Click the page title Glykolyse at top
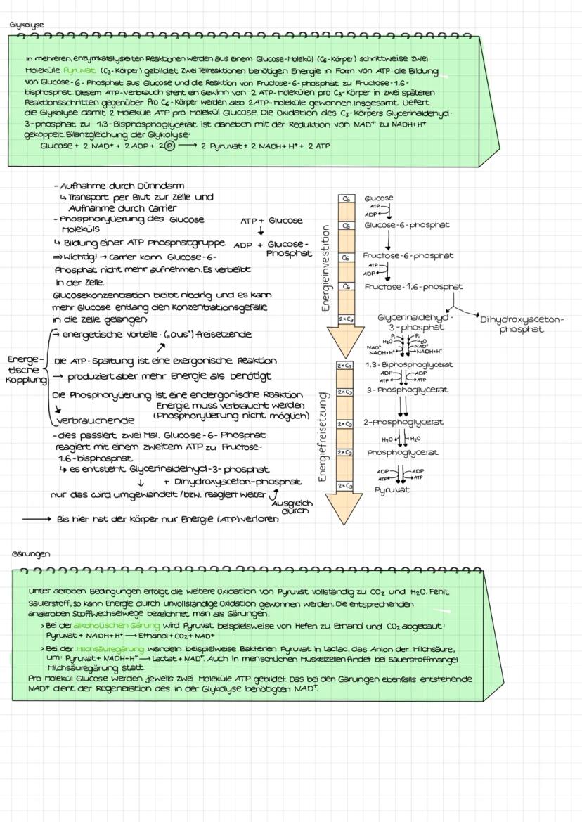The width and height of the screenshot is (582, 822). coord(26,25)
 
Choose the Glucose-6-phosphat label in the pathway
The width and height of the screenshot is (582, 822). coord(406,225)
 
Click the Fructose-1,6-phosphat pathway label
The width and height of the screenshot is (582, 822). coord(413,287)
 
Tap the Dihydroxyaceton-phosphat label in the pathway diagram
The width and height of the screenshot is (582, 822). coord(522,324)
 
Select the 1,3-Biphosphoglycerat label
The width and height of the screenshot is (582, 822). coord(409,365)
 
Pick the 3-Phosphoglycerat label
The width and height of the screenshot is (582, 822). coord(406,390)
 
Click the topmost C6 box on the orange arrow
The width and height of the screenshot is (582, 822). coord(345,200)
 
